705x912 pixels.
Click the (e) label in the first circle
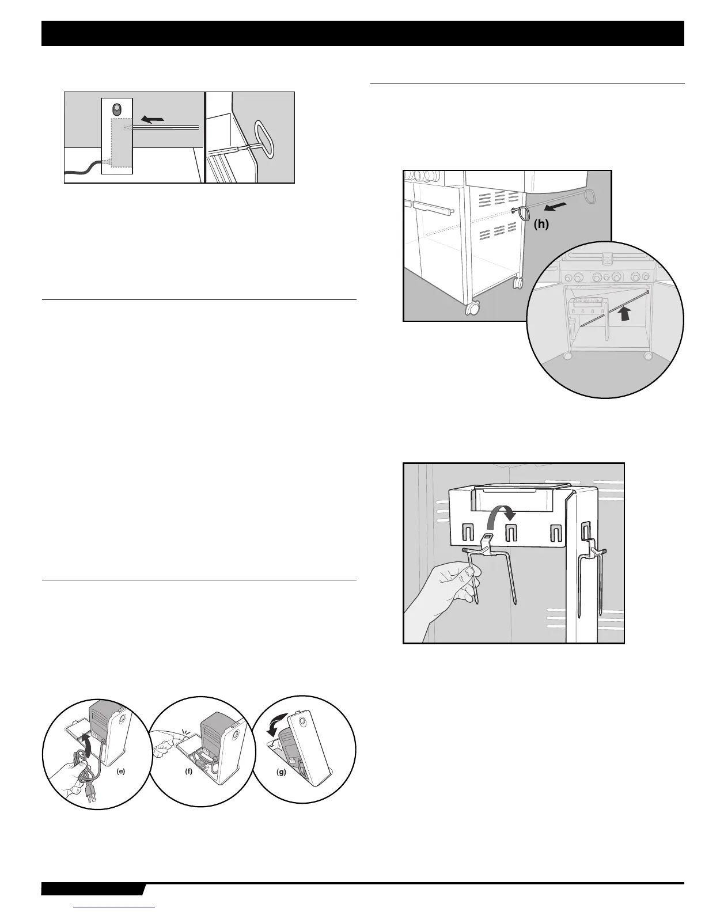[120, 773]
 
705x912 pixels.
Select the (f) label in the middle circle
[188, 773]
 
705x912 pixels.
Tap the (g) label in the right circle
[282, 773]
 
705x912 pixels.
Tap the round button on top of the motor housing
[117, 109]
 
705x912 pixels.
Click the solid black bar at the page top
[362, 33]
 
